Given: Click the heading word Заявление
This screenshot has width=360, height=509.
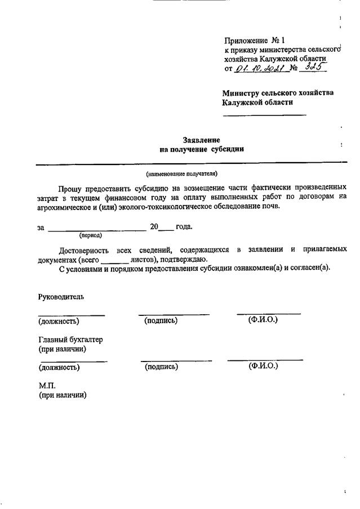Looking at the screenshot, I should coord(201,140).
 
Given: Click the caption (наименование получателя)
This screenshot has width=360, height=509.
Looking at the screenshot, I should coord(181,173).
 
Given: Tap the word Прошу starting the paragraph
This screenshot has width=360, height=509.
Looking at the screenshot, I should coord(70,186).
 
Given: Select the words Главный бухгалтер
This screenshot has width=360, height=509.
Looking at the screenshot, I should coord(70,340).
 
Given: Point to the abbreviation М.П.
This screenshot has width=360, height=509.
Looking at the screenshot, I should coord(47,386).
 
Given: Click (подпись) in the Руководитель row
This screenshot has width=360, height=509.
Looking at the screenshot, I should coord(161,321).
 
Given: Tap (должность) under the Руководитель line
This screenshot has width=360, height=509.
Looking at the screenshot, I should coord(59,322).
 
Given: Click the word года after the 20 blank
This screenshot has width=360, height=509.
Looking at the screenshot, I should coord(184,227).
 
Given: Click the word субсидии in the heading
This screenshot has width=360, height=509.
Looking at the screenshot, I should coord(228,149).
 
